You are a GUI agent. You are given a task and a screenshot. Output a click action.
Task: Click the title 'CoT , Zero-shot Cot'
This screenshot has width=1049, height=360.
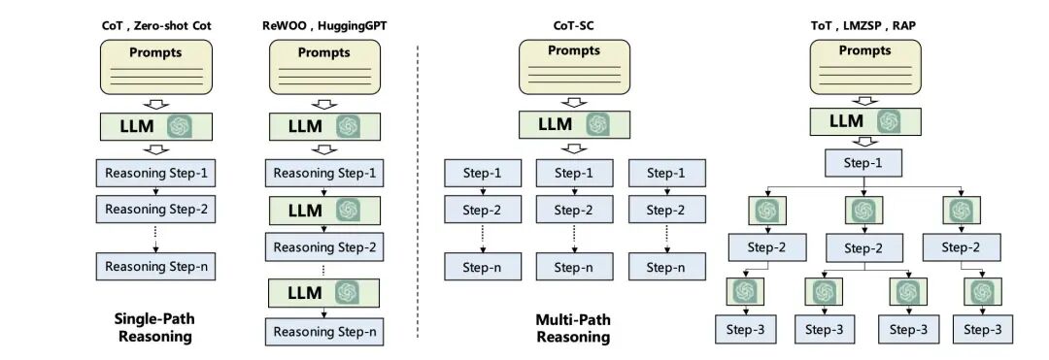156,24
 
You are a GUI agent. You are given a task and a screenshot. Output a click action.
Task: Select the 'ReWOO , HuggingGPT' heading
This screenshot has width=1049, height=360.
323,24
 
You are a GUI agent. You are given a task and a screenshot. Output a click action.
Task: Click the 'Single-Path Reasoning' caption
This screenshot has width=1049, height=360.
155,328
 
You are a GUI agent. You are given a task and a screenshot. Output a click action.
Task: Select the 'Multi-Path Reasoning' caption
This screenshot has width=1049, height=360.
573,328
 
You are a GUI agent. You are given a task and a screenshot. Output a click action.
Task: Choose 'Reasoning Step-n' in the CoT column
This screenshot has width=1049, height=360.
155,266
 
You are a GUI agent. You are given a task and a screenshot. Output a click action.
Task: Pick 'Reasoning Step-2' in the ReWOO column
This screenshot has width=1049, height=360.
323,247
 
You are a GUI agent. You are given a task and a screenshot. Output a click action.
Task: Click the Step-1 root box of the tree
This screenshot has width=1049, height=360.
861,163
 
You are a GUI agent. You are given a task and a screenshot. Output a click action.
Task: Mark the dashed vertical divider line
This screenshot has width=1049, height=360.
418,184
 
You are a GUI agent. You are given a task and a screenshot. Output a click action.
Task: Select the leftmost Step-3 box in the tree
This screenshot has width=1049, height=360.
745,330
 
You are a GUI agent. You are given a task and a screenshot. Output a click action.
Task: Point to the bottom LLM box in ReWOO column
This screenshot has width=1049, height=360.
323,292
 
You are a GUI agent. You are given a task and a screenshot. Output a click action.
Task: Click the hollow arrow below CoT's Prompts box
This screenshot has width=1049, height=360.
155,105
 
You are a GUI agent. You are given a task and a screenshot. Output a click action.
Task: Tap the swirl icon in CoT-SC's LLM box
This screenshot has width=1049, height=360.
597,124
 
